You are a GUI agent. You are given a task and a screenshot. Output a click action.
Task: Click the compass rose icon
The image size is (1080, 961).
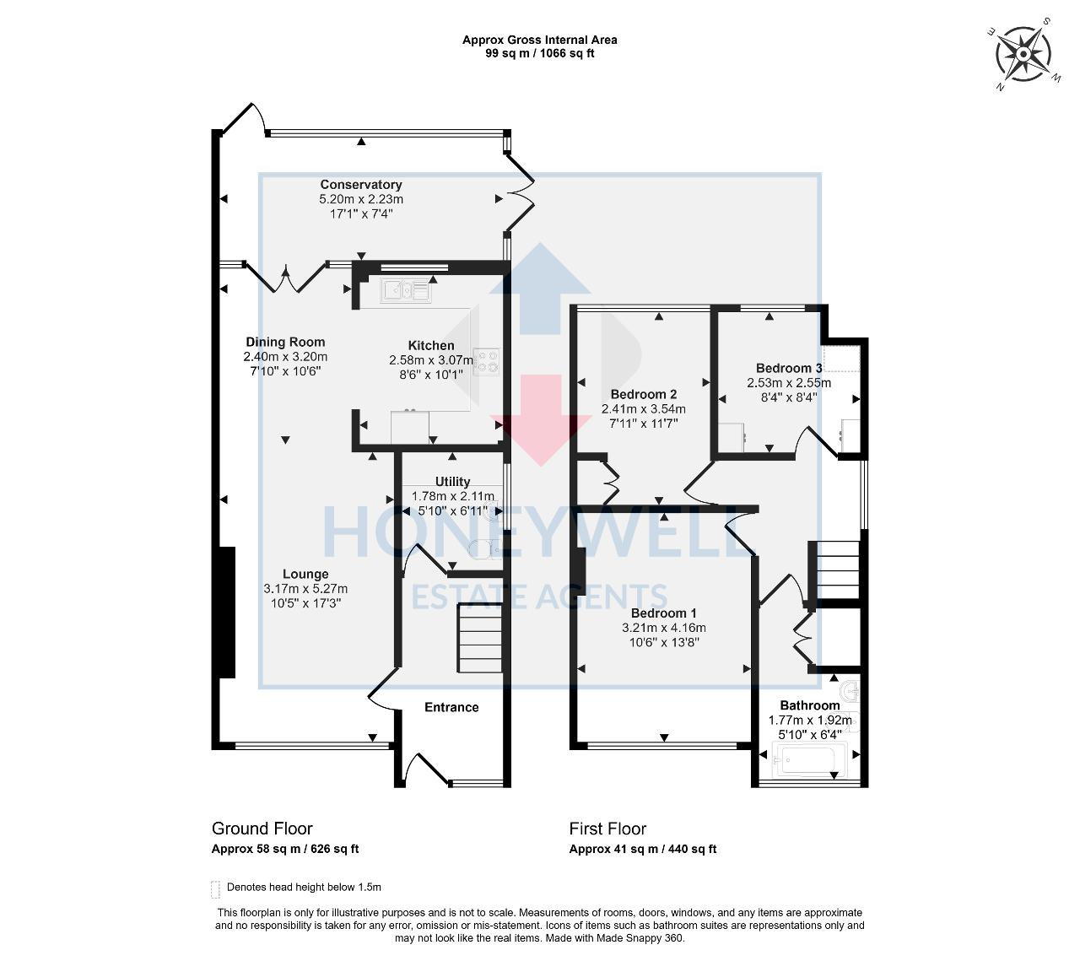click(1023, 55)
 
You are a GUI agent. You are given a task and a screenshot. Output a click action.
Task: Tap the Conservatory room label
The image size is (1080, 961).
click(360, 185)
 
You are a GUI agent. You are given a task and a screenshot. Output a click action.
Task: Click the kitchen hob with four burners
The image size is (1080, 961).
click(486, 361)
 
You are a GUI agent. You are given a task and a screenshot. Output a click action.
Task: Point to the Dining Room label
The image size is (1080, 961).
click(285, 342)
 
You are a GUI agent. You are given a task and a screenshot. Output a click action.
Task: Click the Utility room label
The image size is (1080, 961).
click(452, 482)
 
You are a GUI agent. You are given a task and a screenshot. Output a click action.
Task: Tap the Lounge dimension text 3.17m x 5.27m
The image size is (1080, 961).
click(305, 589)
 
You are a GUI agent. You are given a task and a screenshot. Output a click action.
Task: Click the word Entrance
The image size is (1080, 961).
click(451, 707)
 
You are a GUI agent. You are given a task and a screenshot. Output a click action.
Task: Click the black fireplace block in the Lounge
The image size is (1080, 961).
click(227, 612)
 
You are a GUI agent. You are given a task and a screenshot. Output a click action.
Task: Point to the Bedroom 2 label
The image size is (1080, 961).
click(643, 394)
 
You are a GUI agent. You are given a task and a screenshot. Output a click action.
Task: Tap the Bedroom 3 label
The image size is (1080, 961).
click(788, 368)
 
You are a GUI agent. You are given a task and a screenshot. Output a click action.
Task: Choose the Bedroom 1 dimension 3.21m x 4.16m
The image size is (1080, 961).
click(664, 628)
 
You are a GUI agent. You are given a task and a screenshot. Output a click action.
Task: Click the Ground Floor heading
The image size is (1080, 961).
click(262, 829)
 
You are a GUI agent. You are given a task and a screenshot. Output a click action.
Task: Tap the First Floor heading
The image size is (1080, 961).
click(607, 829)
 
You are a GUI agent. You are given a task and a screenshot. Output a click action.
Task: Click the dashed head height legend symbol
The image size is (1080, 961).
click(215, 888)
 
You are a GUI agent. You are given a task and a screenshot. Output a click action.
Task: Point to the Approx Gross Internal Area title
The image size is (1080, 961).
click(539, 40)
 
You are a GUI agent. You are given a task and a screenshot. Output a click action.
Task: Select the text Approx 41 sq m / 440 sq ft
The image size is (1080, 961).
click(642, 850)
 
